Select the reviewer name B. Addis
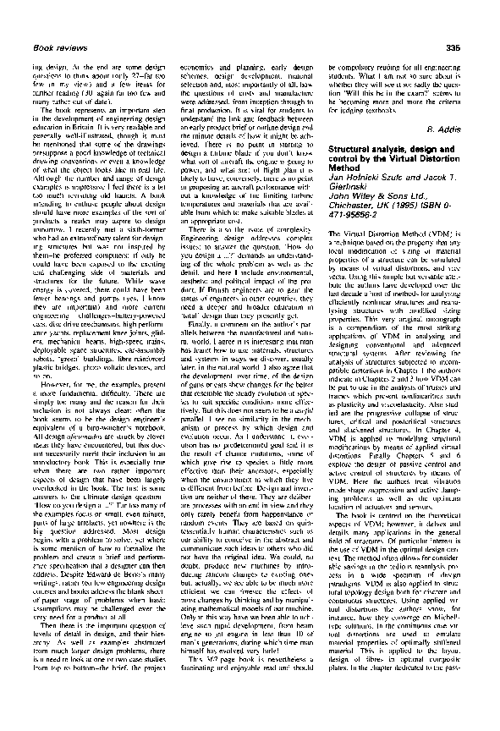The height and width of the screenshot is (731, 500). [x=466, y=128]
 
